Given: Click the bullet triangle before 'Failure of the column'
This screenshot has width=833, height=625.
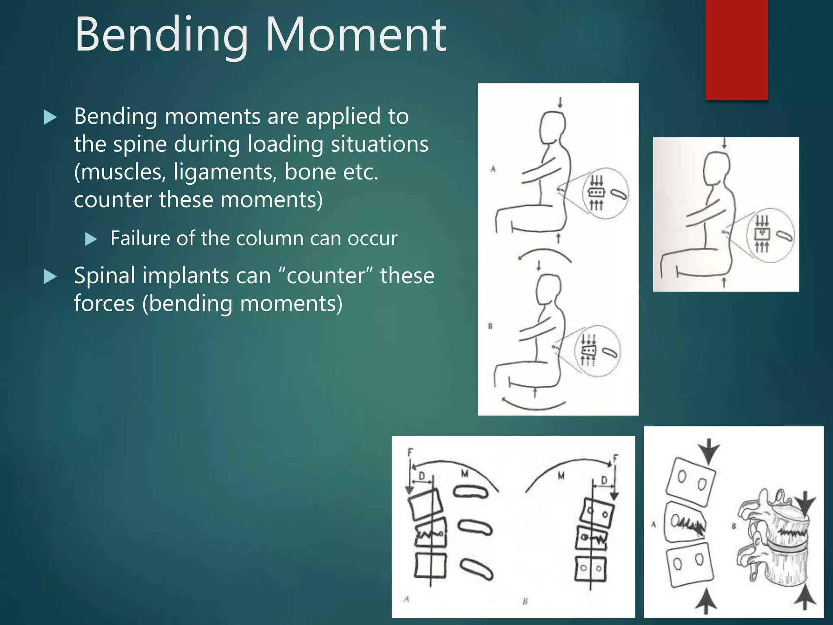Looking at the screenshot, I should [x=91, y=239].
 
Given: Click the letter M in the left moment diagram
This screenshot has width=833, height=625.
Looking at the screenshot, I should [x=465, y=473].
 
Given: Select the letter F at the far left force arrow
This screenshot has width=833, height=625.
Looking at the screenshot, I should [x=410, y=452].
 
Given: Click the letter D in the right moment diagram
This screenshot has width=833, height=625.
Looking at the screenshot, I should [x=604, y=481].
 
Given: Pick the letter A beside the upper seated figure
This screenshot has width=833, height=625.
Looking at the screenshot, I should [x=493, y=169].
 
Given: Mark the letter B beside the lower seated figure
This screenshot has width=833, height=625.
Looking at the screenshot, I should [x=490, y=326].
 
